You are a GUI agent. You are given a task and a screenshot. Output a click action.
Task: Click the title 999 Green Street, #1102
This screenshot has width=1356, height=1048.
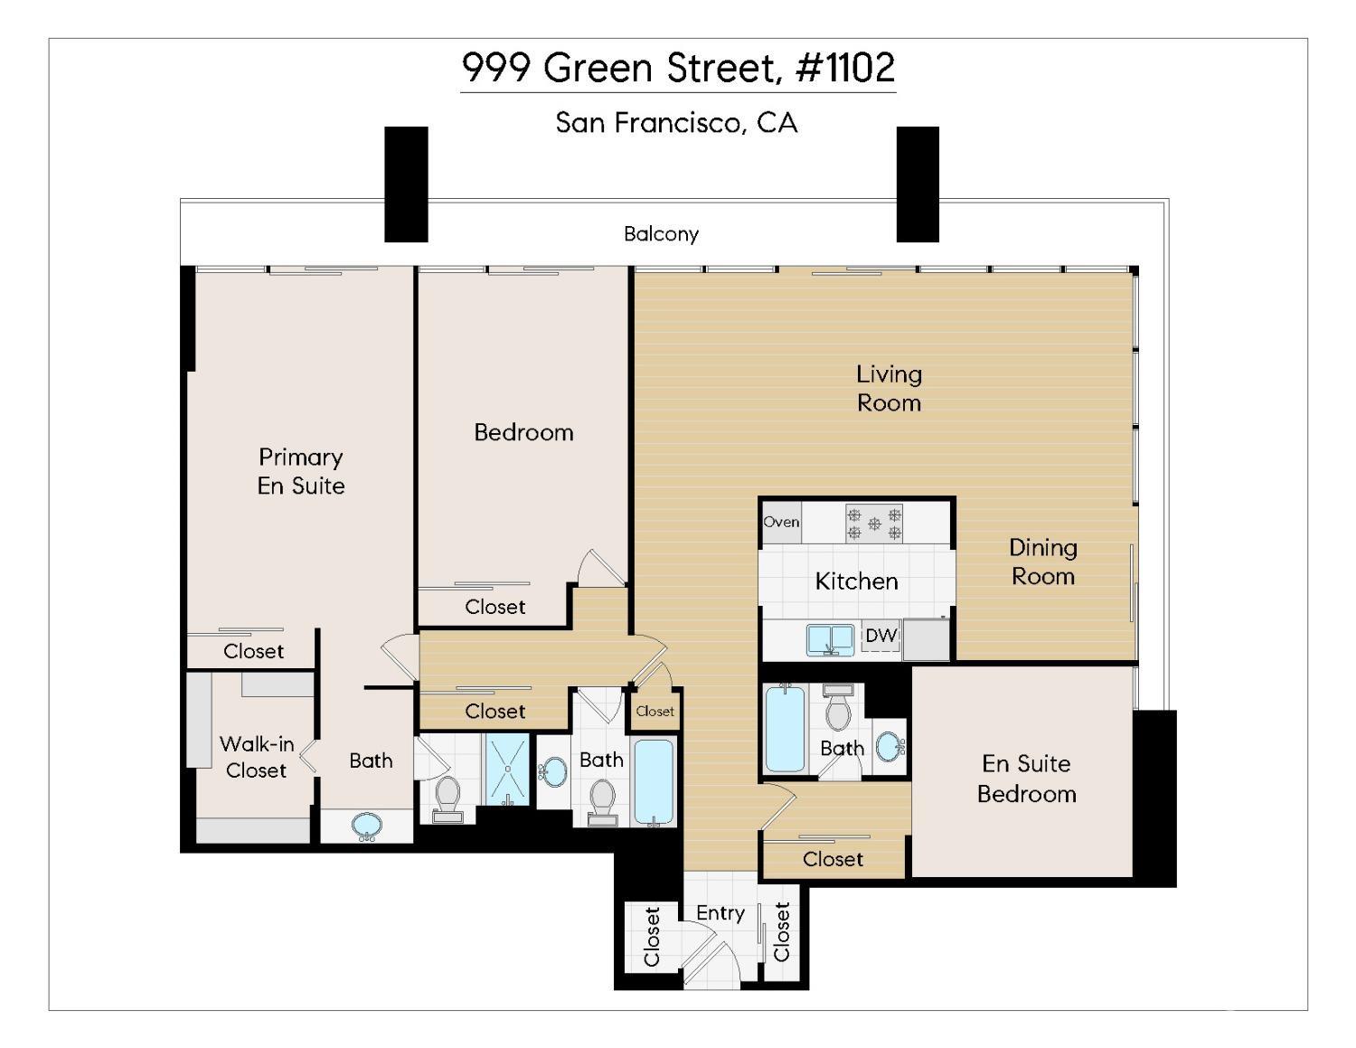[678, 68]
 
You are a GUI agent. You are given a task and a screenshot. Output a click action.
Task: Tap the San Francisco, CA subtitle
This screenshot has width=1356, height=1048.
[676, 122]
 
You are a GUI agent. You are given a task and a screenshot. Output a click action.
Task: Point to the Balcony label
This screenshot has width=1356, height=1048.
[661, 234]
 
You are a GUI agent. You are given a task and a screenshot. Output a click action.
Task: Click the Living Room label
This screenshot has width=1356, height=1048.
[889, 388]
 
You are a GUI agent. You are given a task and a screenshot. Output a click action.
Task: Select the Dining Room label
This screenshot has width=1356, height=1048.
[1042, 562]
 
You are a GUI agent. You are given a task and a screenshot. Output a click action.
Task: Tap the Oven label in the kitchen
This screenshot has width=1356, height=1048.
[781, 523]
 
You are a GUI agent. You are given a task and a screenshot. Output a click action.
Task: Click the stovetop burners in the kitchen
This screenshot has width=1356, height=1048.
[873, 524]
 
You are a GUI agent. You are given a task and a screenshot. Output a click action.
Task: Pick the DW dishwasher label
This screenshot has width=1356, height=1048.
[880, 636]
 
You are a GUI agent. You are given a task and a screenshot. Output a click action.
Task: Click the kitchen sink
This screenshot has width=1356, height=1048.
[830, 639]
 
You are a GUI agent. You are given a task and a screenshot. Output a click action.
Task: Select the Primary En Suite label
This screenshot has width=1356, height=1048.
[301, 471]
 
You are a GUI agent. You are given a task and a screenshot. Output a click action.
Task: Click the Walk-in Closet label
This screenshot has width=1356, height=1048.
[257, 757]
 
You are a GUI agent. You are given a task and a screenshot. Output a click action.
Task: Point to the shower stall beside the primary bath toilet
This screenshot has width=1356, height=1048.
[508, 769]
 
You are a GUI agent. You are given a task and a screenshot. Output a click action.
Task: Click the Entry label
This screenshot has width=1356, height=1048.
[720, 913]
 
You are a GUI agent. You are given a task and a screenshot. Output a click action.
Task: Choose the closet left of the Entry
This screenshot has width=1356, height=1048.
[652, 937]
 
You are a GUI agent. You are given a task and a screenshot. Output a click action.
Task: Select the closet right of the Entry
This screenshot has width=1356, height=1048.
[782, 932]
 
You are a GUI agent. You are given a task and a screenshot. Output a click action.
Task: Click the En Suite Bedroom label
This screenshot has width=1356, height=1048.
[1026, 779]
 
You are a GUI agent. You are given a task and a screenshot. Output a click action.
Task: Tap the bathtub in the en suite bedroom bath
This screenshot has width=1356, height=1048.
[784, 728]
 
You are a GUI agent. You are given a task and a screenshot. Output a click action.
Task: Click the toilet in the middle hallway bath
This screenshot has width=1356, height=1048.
[601, 799]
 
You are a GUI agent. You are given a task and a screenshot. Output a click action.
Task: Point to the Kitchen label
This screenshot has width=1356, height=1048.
[856, 581]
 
